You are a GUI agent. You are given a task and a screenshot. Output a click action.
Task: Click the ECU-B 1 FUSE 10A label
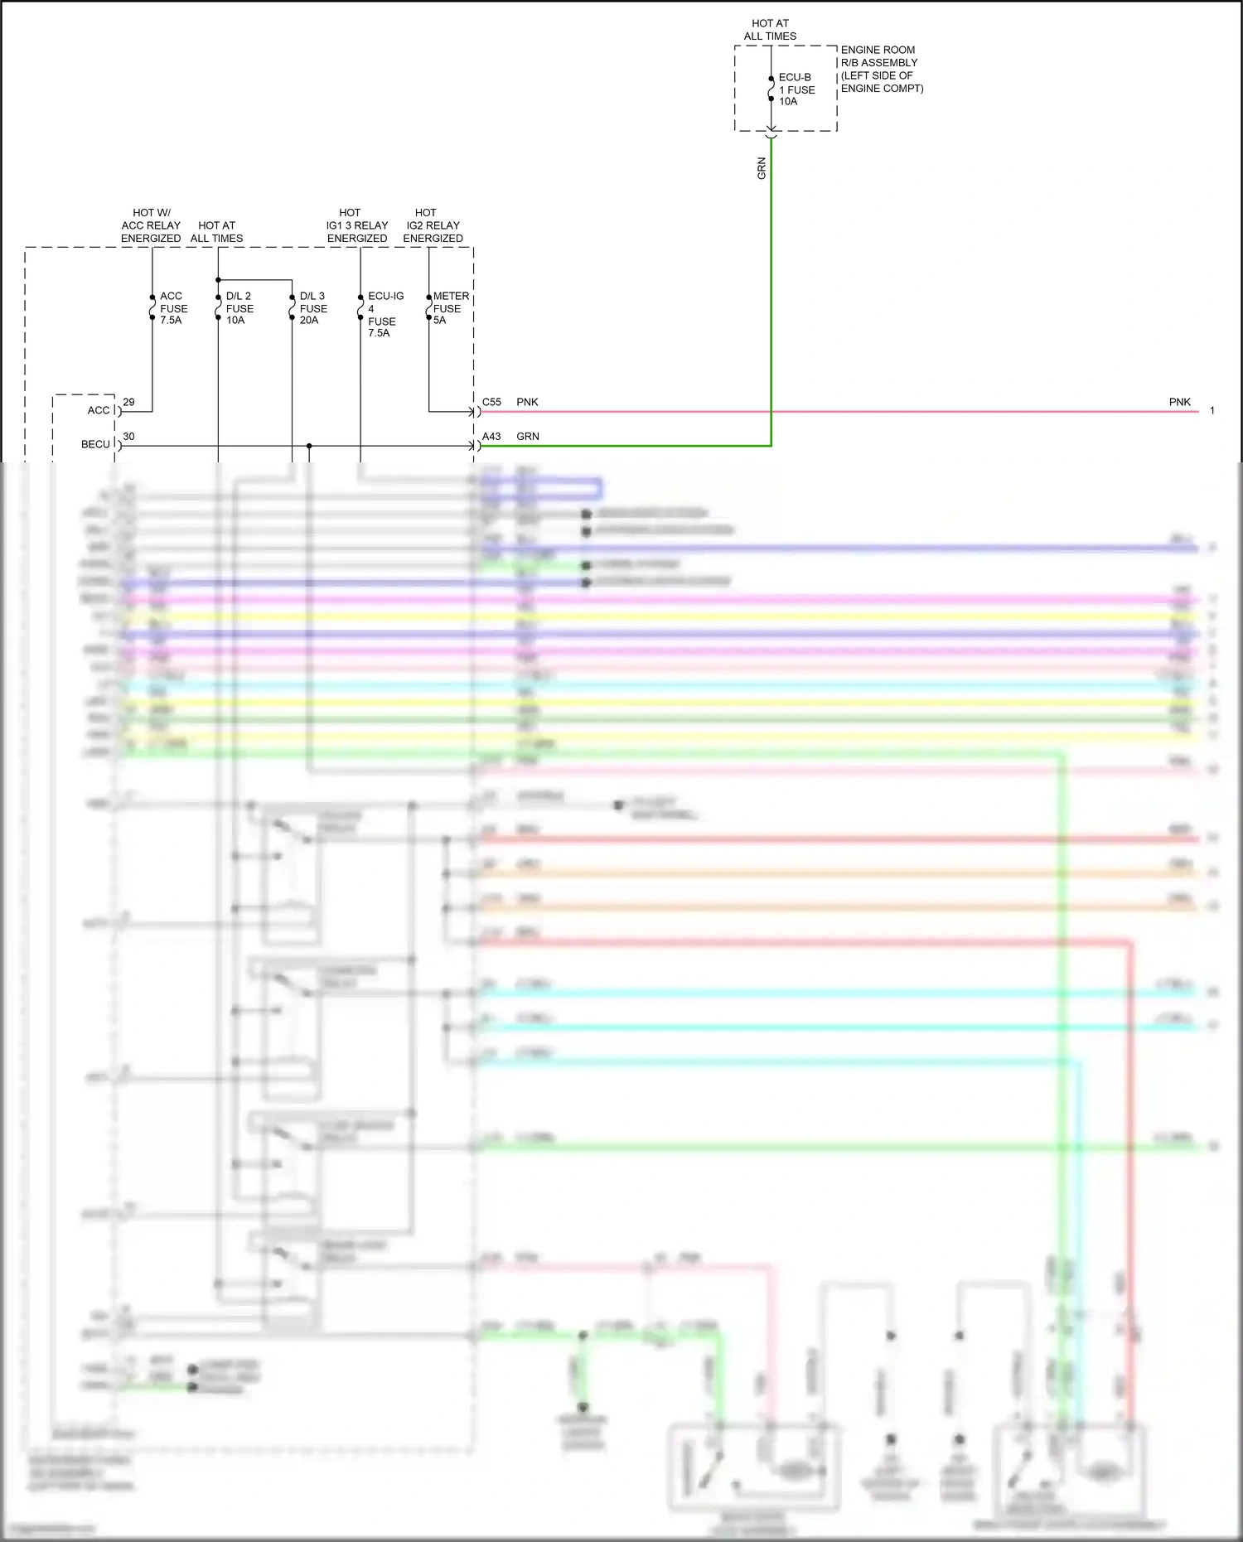click(x=796, y=89)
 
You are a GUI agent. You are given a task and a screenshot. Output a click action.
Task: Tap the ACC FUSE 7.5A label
click(x=173, y=308)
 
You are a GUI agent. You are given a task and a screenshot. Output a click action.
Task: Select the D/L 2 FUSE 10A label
click(x=239, y=308)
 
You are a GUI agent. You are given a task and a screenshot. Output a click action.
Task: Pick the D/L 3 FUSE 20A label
click(x=313, y=308)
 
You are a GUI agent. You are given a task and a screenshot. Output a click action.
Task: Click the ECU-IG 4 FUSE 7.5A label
click(x=385, y=314)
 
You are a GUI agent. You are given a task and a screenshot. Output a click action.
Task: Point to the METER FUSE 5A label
click(x=450, y=308)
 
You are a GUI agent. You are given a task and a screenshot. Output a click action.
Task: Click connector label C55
click(x=491, y=402)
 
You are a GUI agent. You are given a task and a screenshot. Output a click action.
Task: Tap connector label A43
click(x=491, y=437)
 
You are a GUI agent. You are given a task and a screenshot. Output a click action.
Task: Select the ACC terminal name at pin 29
click(x=99, y=410)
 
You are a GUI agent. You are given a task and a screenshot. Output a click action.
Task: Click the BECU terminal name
click(x=95, y=445)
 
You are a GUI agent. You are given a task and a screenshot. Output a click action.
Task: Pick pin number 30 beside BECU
click(x=128, y=437)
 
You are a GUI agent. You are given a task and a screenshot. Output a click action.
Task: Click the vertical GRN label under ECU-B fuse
click(x=762, y=168)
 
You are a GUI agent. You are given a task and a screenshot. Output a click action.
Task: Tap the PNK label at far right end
click(x=1179, y=402)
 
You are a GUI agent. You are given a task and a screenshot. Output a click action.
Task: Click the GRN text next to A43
click(x=528, y=437)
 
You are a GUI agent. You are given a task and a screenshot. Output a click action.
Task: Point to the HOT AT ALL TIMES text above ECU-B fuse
click(x=770, y=30)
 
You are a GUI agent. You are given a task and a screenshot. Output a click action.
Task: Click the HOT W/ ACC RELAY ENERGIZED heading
click(x=151, y=225)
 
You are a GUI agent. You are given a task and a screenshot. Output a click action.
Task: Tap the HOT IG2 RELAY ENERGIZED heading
click(x=433, y=225)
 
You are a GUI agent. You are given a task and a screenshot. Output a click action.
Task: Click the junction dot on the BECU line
click(x=309, y=446)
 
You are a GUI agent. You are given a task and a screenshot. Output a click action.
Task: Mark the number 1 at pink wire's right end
click(x=1212, y=411)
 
